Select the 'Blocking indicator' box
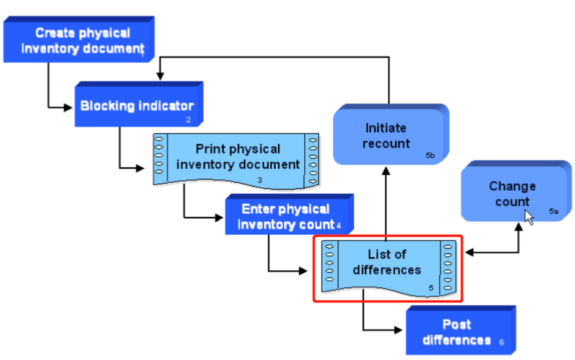(x=137, y=106)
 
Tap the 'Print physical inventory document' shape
(x=238, y=157)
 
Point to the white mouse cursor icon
(x=529, y=217)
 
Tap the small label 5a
(x=553, y=211)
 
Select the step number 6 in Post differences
(x=501, y=342)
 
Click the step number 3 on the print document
(x=260, y=180)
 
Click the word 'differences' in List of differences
(x=387, y=270)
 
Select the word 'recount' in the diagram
(x=386, y=144)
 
